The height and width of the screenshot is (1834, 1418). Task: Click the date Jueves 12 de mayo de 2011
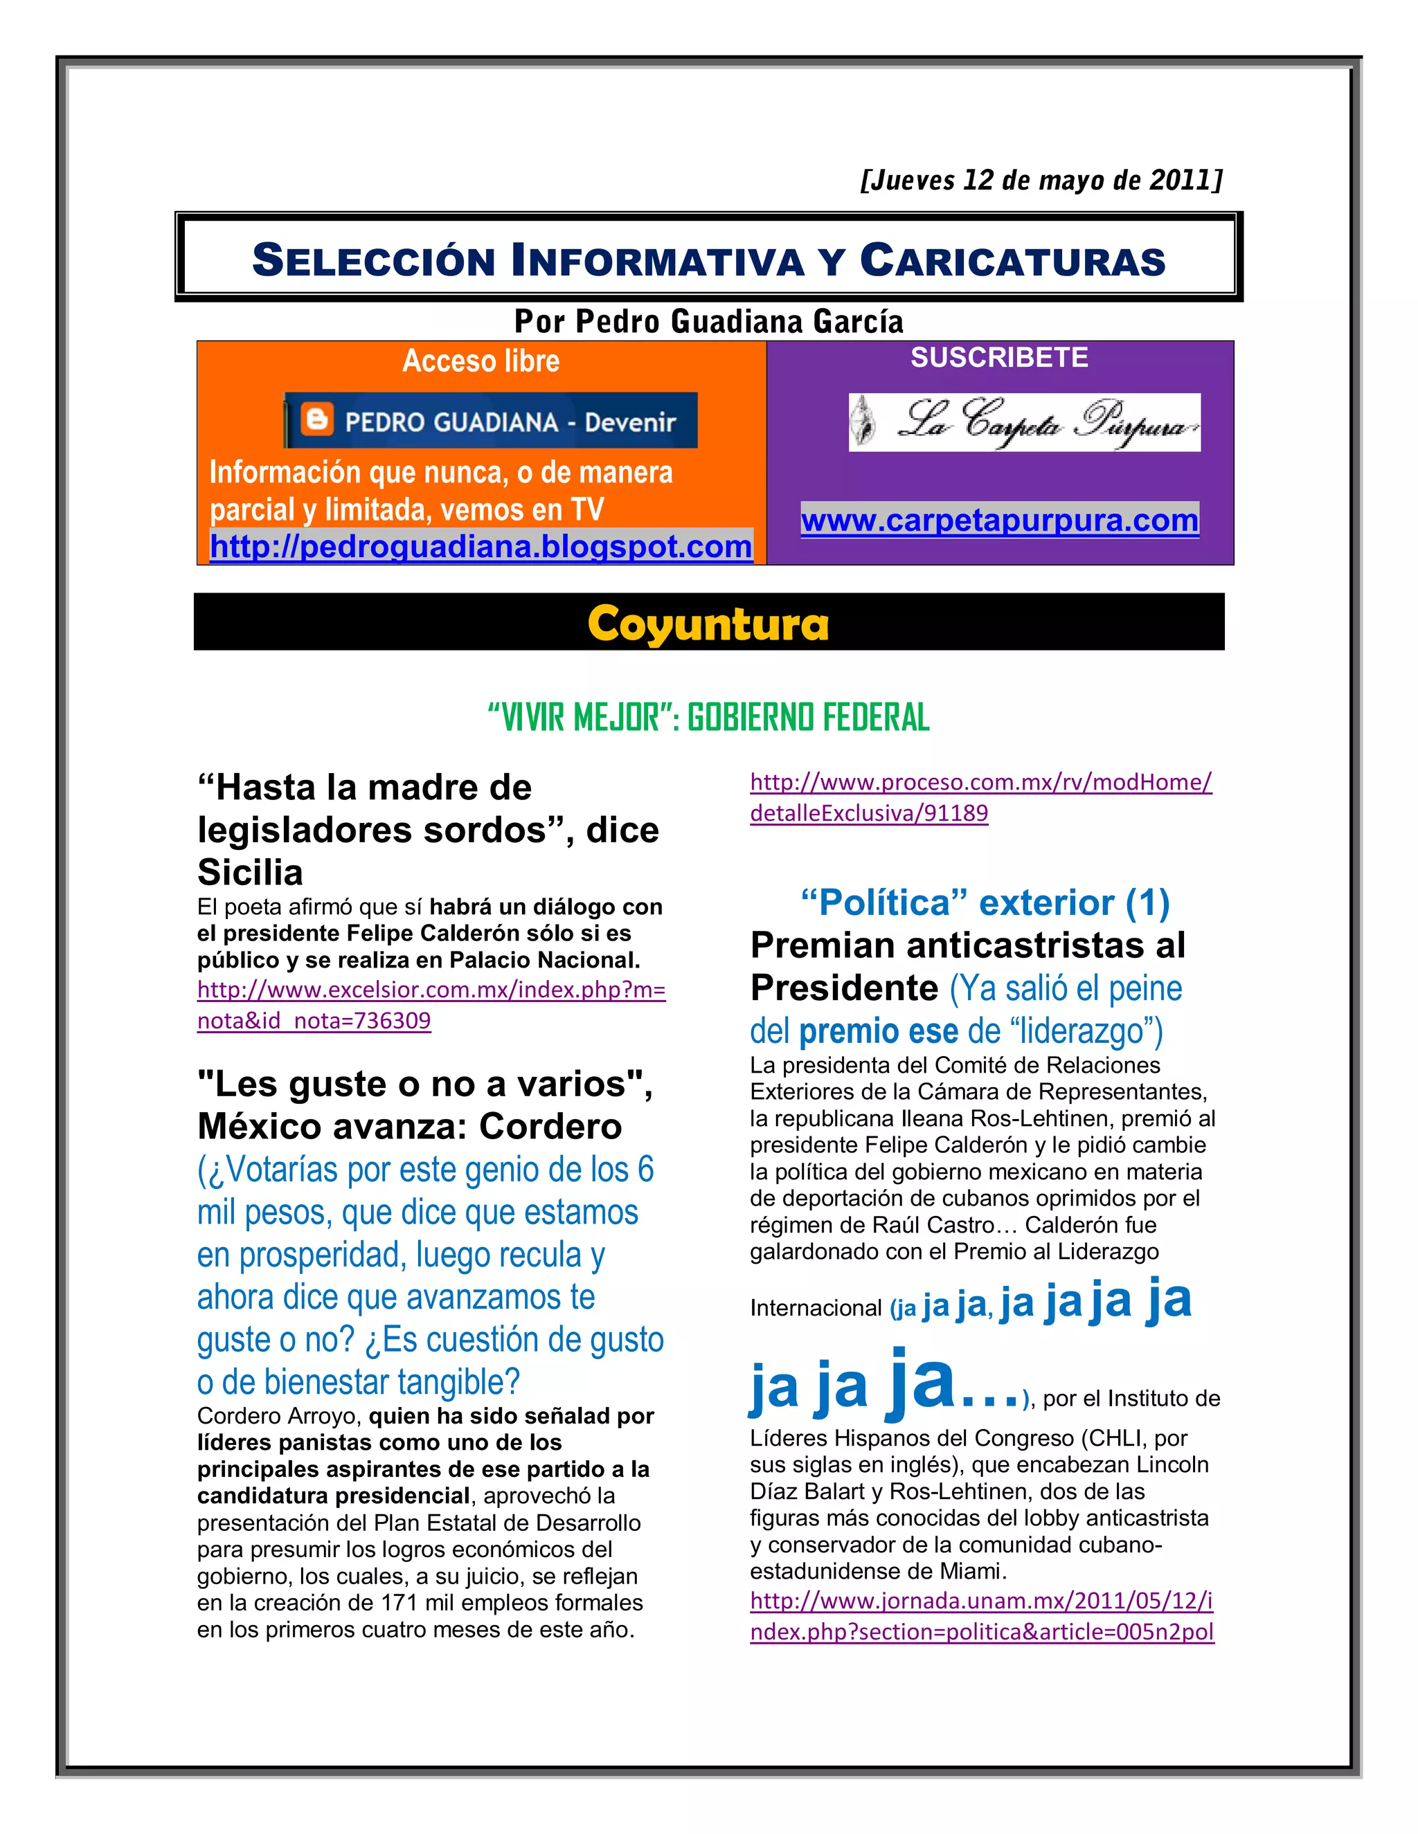point(1041,181)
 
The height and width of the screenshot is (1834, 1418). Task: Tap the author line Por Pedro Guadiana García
point(708,322)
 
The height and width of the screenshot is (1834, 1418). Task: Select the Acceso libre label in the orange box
point(481,361)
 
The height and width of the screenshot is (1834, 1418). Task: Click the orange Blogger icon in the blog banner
point(318,419)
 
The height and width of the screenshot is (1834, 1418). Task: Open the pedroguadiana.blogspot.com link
point(481,547)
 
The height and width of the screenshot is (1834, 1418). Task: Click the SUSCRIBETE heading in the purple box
point(999,358)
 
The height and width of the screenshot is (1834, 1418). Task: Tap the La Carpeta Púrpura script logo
point(1024,422)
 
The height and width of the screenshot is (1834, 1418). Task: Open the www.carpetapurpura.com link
point(999,520)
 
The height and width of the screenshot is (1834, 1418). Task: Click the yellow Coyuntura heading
point(708,623)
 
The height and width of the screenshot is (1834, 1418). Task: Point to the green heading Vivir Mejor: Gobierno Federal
point(708,718)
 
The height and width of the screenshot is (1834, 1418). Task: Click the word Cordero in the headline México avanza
point(550,1127)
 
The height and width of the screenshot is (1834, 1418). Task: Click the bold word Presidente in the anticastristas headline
point(843,988)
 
